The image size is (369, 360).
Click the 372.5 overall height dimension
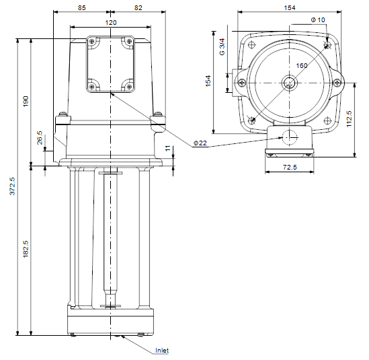tap(12, 186)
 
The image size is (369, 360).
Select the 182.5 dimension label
tap(26, 249)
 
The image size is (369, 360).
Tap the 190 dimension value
tap(26, 101)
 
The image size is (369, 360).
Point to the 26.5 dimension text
tap(40, 137)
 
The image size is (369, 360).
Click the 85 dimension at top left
tap(81, 8)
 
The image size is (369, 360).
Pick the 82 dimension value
tap(138, 8)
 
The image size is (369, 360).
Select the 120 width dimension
tap(111, 23)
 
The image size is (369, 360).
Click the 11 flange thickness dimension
tap(167, 149)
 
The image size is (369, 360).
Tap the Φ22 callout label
tap(200, 143)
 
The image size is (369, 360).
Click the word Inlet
tap(162, 351)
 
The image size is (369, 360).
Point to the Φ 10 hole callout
tap(318, 20)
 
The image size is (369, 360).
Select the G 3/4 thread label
tap(222, 47)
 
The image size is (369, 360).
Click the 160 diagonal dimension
tap(302, 65)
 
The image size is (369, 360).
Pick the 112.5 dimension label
tap(349, 118)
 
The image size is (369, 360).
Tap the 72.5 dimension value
tap(290, 167)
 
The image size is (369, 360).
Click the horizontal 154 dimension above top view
tap(290, 8)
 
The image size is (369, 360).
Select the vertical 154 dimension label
tap(208, 81)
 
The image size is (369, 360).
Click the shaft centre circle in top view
tap(290, 83)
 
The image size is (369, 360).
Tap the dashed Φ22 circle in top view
tap(290, 137)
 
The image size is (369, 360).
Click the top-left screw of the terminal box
tap(92, 42)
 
